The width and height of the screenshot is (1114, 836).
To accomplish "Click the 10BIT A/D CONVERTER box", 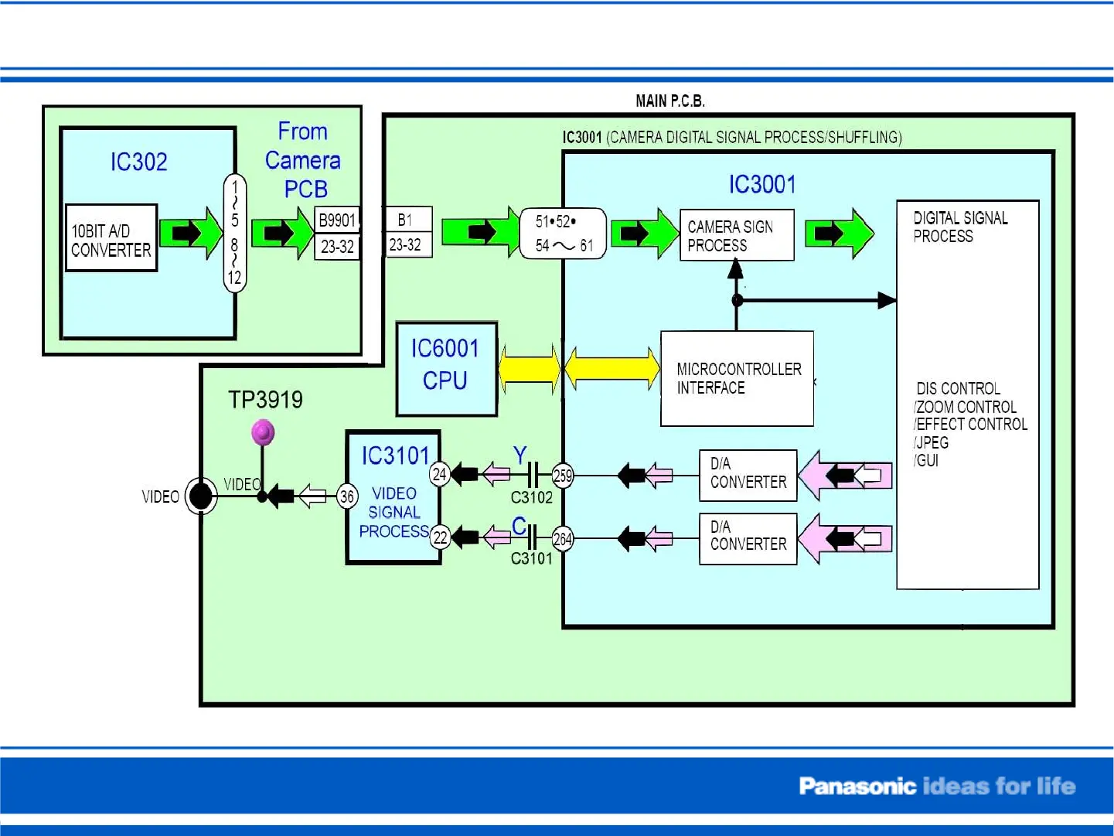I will point(111,238).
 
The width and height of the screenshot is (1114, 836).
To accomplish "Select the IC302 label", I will point(138,162).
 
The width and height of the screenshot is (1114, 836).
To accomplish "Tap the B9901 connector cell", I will point(337,220).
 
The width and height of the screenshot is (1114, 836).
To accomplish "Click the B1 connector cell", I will point(406,220).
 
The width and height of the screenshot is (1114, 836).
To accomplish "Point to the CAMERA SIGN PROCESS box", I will point(736,236).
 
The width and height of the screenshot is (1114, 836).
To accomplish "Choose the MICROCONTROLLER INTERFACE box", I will point(737,379).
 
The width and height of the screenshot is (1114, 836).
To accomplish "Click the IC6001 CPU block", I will point(445,368).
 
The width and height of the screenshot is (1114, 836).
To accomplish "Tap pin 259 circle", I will point(563,476).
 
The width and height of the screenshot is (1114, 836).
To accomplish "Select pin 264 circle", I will point(563,539).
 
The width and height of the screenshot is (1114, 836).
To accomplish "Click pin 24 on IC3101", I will point(440,474).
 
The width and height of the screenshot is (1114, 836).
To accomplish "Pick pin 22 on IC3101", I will point(440,537).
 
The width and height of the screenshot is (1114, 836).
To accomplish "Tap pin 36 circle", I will point(347,496).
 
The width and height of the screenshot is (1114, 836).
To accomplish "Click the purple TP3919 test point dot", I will point(263,432).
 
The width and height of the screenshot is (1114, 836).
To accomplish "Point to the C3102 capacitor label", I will point(532,497).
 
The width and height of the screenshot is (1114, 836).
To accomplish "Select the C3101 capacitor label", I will point(532,558).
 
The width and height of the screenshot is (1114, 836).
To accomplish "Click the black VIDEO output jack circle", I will point(201,496).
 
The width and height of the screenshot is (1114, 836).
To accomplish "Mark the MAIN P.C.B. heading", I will point(669,101).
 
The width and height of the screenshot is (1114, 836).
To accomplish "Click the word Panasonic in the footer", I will point(857,787).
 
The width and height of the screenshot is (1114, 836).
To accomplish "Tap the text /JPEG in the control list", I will point(932,443).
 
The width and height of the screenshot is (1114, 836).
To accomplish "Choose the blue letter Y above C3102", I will point(520,456).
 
